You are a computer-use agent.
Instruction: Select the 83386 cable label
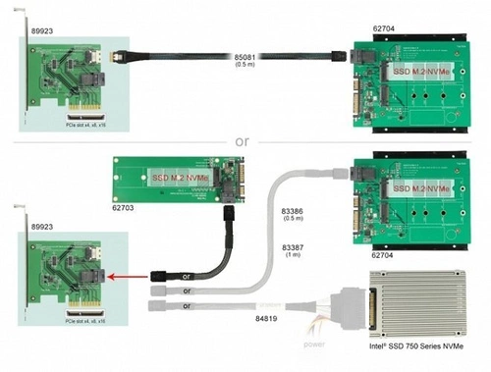293,209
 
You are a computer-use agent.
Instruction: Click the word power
316,345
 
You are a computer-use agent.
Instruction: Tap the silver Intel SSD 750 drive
420,303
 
